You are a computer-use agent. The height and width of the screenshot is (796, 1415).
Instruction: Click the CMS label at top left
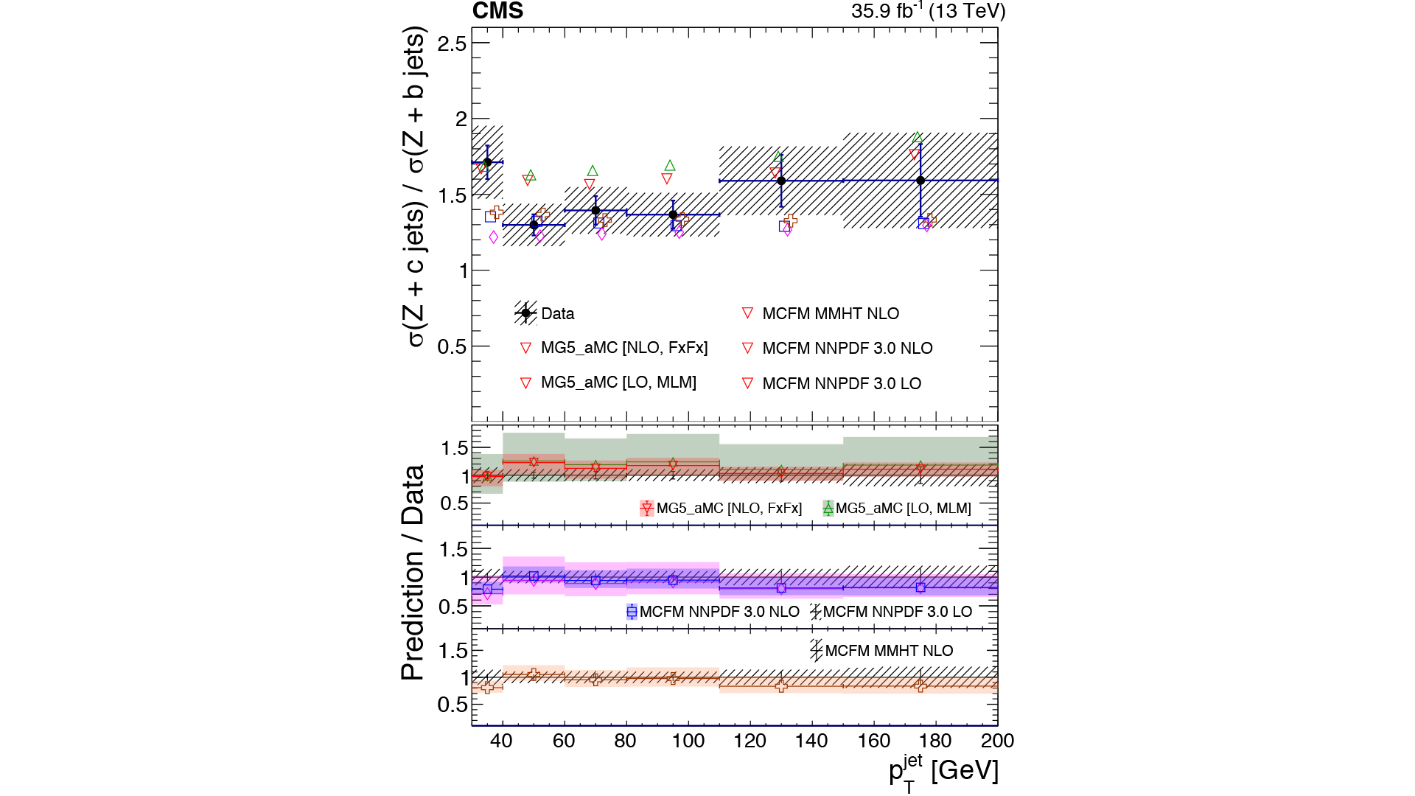(x=497, y=11)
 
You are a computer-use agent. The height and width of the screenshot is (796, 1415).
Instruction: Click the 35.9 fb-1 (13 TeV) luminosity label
(x=928, y=11)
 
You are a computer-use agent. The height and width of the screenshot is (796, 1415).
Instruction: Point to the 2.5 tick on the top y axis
(x=452, y=43)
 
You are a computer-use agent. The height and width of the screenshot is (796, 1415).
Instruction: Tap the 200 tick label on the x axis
(x=998, y=741)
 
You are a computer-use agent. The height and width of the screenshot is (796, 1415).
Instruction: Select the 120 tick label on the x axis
(x=750, y=741)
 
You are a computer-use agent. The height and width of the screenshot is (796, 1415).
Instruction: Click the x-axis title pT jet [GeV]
(x=943, y=772)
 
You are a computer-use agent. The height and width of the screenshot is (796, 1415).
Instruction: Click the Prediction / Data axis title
(x=413, y=573)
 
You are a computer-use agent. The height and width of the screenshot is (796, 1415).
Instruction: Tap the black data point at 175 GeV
(x=920, y=181)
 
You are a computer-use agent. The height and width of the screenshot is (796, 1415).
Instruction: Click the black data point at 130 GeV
(x=781, y=181)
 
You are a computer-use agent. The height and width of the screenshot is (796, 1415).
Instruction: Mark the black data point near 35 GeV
(x=487, y=162)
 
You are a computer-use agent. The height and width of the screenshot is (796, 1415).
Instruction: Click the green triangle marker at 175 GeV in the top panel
(x=918, y=138)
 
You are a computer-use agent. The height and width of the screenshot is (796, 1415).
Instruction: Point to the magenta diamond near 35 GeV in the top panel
(x=494, y=237)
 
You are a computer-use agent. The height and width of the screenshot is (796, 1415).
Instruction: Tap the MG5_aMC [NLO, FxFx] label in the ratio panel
(x=729, y=509)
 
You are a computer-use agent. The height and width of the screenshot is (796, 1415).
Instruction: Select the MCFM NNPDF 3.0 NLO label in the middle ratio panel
(x=719, y=612)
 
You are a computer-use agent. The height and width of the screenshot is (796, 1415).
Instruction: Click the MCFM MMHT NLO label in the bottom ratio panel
(x=889, y=651)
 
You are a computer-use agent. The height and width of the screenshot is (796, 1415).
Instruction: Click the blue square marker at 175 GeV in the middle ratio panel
(x=920, y=587)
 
